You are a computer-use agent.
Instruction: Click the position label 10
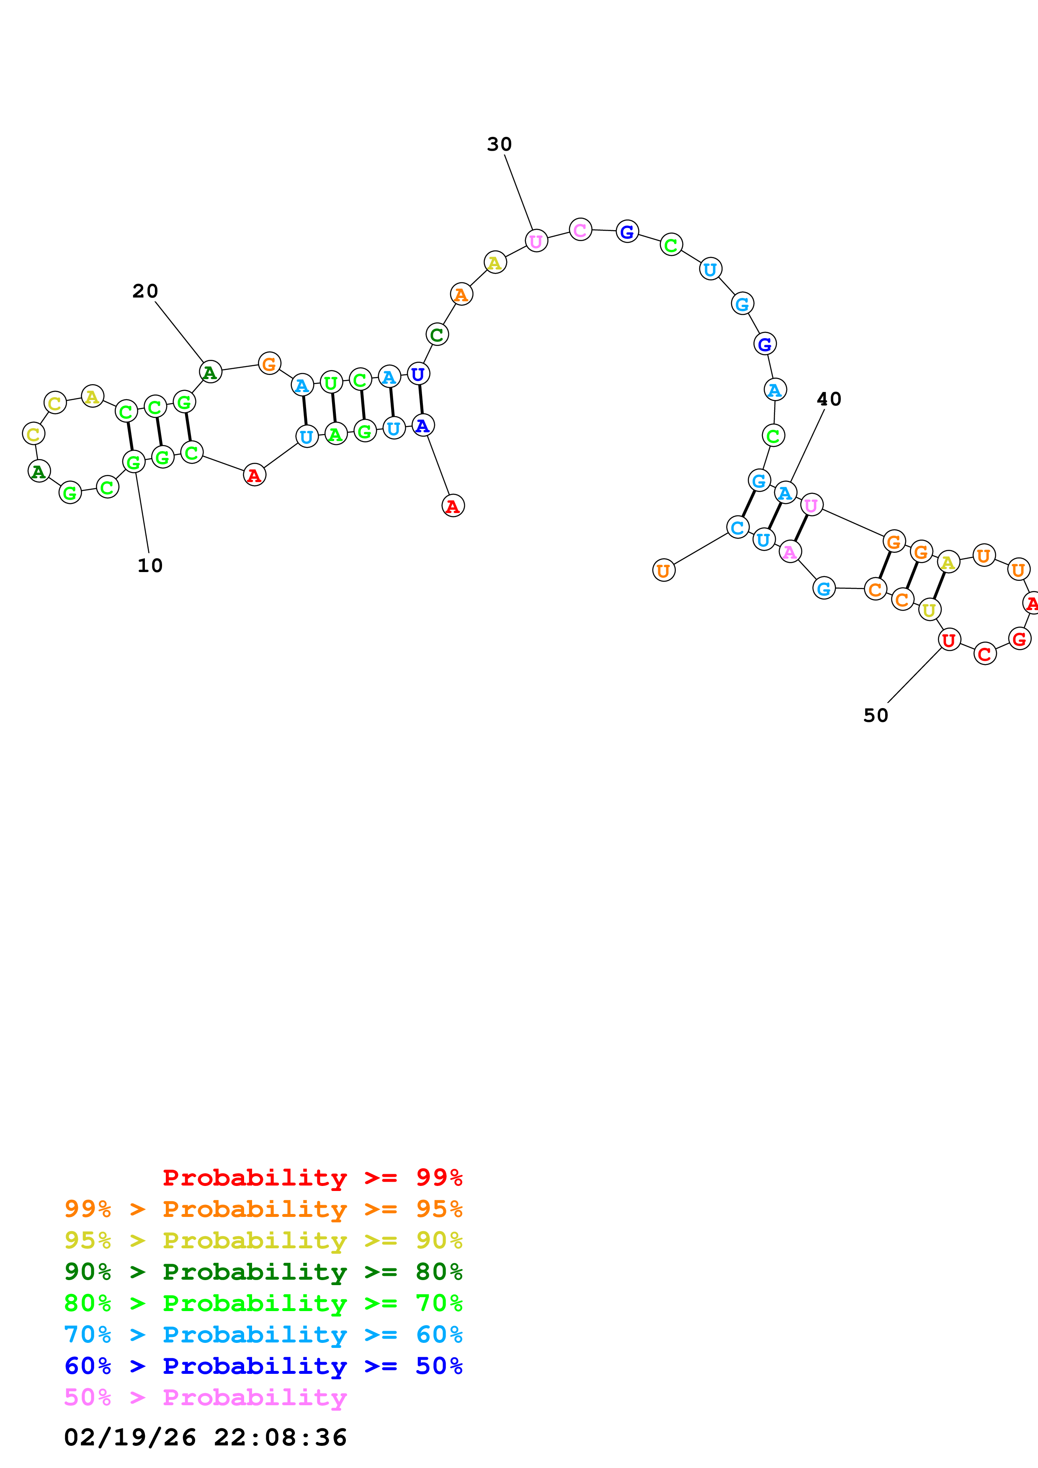150,565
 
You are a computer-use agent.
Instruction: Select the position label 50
876,716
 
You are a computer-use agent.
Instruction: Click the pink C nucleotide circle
580,230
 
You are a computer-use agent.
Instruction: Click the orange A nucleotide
461,295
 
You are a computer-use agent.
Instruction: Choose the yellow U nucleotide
929,611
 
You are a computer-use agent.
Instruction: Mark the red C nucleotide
985,654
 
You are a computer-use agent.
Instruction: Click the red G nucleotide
1020,639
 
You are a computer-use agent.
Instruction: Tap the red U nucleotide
949,639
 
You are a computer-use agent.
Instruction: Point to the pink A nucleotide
791,552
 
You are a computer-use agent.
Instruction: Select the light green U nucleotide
331,383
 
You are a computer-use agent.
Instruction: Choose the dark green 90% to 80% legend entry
263,1272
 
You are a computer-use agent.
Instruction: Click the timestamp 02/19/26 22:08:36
205,1437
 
